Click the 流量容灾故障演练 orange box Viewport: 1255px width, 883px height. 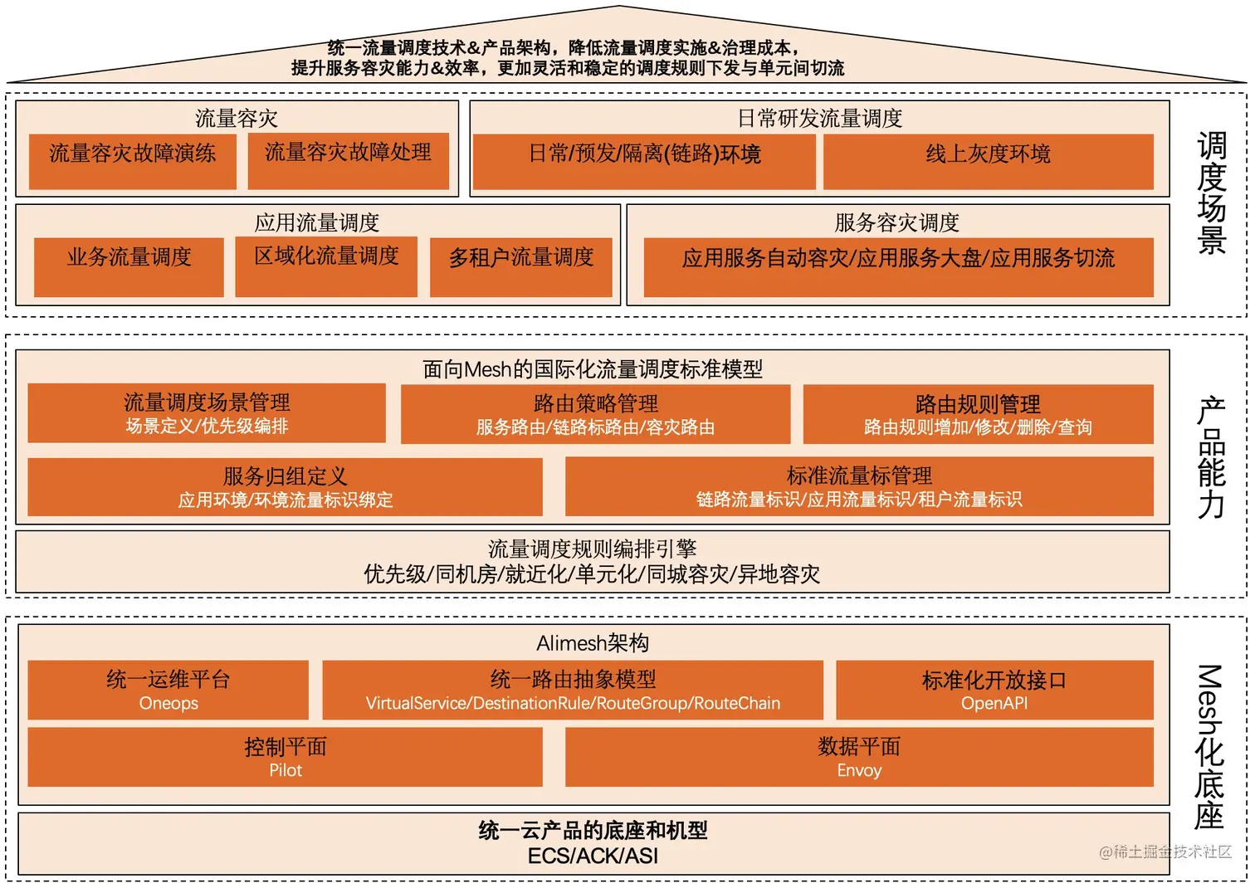[132, 161]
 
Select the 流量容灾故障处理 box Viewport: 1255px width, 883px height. [348, 161]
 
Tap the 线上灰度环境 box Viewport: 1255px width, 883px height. [988, 162]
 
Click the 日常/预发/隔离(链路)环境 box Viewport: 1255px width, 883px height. [644, 162]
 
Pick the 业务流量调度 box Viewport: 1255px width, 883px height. [129, 266]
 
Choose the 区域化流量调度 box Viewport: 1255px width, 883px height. [326, 266]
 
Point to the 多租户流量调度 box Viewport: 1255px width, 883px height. [520, 266]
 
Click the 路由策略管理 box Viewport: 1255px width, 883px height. [595, 413]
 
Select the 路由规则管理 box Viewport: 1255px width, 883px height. [978, 413]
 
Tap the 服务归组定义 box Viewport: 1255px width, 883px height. [285, 486]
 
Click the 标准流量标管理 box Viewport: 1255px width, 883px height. [859, 486]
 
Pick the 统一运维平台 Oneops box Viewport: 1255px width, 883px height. [168, 690]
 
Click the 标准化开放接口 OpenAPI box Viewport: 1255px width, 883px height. [994, 690]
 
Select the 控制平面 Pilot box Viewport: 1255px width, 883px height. [285, 757]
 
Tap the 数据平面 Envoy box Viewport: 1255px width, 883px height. [859, 757]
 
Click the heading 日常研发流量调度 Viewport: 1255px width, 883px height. [819, 119]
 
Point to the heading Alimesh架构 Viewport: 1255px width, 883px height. [593, 643]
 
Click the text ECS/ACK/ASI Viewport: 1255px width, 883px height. [593, 856]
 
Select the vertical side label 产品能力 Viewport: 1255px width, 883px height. [1212, 457]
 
